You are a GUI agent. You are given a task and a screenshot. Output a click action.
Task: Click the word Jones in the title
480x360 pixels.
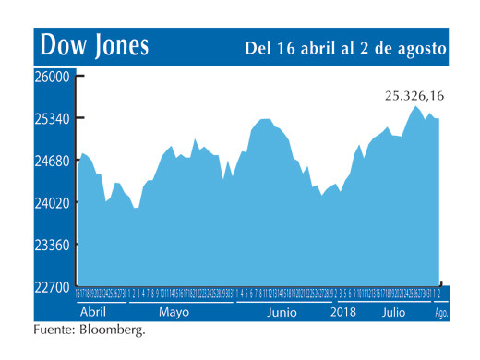118,45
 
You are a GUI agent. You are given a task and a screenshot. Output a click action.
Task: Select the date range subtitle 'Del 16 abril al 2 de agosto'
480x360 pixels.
346,47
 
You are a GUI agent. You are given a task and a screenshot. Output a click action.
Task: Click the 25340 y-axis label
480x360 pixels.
52,119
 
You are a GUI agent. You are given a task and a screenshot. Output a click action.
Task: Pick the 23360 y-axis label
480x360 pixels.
52,246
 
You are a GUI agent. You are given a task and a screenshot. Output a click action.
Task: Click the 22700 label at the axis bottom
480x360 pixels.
52,287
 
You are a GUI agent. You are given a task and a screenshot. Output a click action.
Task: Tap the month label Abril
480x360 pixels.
94,313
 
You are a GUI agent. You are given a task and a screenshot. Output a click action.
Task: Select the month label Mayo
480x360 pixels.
173,313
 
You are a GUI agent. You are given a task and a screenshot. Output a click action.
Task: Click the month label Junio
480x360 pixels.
282,313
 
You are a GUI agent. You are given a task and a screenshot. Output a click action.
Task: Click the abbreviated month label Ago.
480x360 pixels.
442,314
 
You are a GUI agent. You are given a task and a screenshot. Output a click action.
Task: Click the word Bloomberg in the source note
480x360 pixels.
111,330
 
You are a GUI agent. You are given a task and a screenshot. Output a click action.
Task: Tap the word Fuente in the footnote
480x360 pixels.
54,330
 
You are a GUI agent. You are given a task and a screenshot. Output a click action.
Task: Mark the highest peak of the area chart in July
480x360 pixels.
416,107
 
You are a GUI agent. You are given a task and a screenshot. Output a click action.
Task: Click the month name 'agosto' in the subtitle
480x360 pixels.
421,47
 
